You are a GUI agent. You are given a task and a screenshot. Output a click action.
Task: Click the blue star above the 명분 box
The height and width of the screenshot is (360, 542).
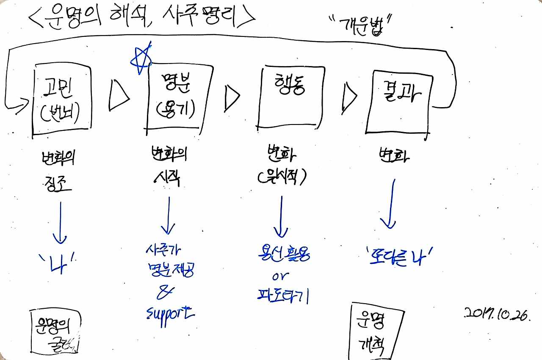[x=141, y=59]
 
